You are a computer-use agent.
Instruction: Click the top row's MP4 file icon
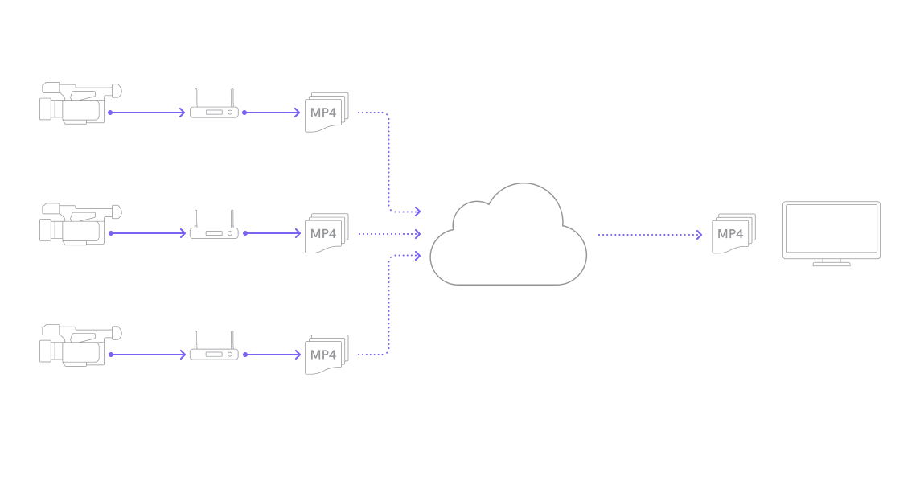(326, 112)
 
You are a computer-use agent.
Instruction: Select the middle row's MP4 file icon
(326, 233)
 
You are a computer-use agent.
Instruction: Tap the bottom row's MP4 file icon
(326, 354)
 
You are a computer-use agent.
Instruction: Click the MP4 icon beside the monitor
(733, 233)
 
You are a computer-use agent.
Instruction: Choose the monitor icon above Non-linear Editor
(832, 232)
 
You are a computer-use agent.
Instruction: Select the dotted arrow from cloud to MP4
(650, 235)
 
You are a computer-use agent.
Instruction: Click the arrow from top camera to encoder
(146, 113)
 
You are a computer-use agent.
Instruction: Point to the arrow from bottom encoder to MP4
(272, 355)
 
